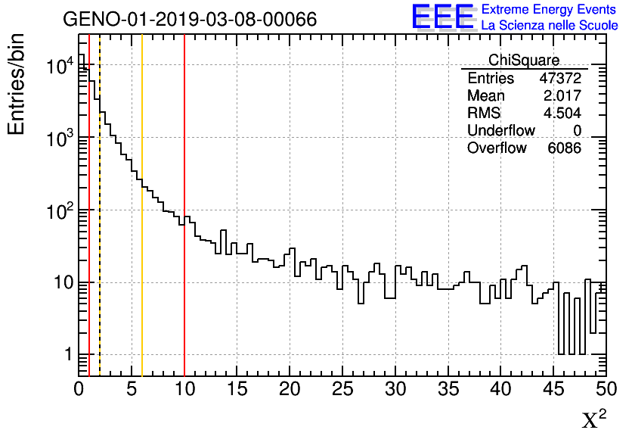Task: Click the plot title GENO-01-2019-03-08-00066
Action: [x=189, y=19]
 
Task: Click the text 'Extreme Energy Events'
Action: [x=549, y=10]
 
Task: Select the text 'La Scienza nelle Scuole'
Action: [x=549, y=26]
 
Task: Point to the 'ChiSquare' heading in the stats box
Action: [x=524, y=61]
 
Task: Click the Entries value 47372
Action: [x=560, y=79]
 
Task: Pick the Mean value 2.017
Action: [x=562, y=96]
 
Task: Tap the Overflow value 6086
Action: [x=564, y=148]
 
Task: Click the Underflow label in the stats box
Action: [x=501, y=131]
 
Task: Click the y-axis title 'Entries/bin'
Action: [x=17, y=84]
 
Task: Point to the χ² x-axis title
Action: [x=593, y=419]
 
